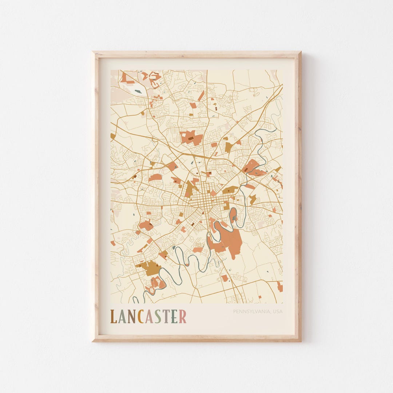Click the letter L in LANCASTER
point(114,317)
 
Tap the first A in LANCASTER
point(122,317)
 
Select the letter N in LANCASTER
point(131,317)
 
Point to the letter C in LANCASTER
point(140,317)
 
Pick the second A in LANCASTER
point(148,317)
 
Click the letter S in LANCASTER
point(157,317)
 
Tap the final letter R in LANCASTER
point(182,317)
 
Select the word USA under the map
point(278,311)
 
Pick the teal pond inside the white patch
point(138,92)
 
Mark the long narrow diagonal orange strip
point(201,96)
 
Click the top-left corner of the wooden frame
point(93,52)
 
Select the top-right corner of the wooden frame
point(300,52)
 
